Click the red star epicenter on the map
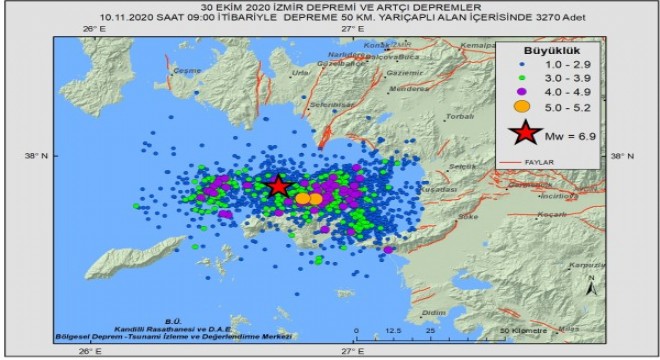[x=278, y=186]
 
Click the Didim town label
[x=433, y=312]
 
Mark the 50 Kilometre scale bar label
[x=523, y=329]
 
